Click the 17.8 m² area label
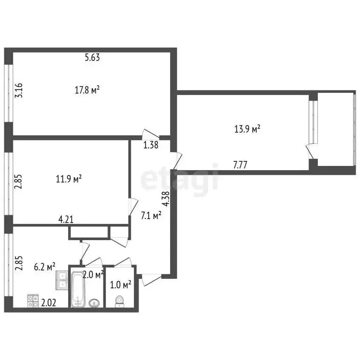coord(88,90)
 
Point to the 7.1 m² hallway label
coord(151,216)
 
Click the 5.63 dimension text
coord(92,58)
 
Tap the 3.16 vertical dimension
coord(19,90)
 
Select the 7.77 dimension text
coord(240,165)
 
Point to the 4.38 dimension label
coord(165,201)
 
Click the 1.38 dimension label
coord(151,145)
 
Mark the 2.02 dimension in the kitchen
coord(49,302)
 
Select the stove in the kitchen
coord(33,300)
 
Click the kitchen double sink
coord(62,279)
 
